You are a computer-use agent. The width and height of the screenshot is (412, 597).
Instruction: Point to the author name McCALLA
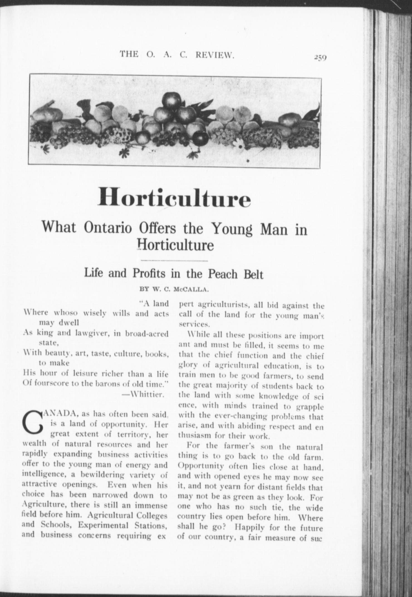(x=191, y=289)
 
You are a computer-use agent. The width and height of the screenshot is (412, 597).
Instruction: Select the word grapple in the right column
(x=310, y=407)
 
